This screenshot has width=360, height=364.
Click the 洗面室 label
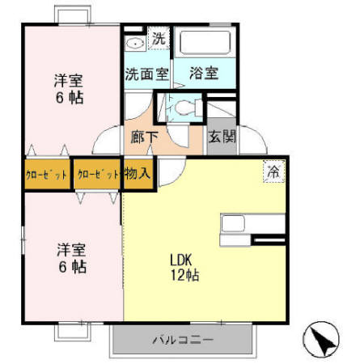pos(146,74)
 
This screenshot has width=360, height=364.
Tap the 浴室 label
pos(203,74)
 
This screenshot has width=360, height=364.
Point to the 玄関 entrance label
pos(222,137)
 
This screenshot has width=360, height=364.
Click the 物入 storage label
pos(138,174)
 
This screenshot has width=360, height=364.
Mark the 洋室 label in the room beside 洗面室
pos(69,81)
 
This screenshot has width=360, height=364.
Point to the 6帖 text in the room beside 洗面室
pos(70,98)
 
